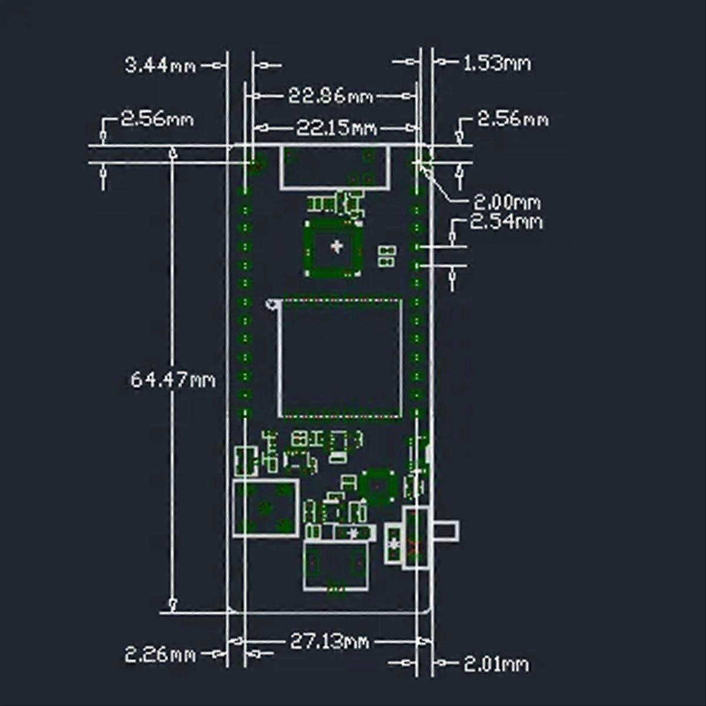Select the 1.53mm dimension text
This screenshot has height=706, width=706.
(x=497, y=64)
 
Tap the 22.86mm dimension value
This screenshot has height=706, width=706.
(x=331, y=96)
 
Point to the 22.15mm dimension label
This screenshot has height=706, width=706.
(x=337, y=128)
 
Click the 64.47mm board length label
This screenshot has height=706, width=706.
(x=173, y=379)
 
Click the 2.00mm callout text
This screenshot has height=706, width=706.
(x=507, y=202)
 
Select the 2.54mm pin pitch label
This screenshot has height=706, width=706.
(x=506, y=222)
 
